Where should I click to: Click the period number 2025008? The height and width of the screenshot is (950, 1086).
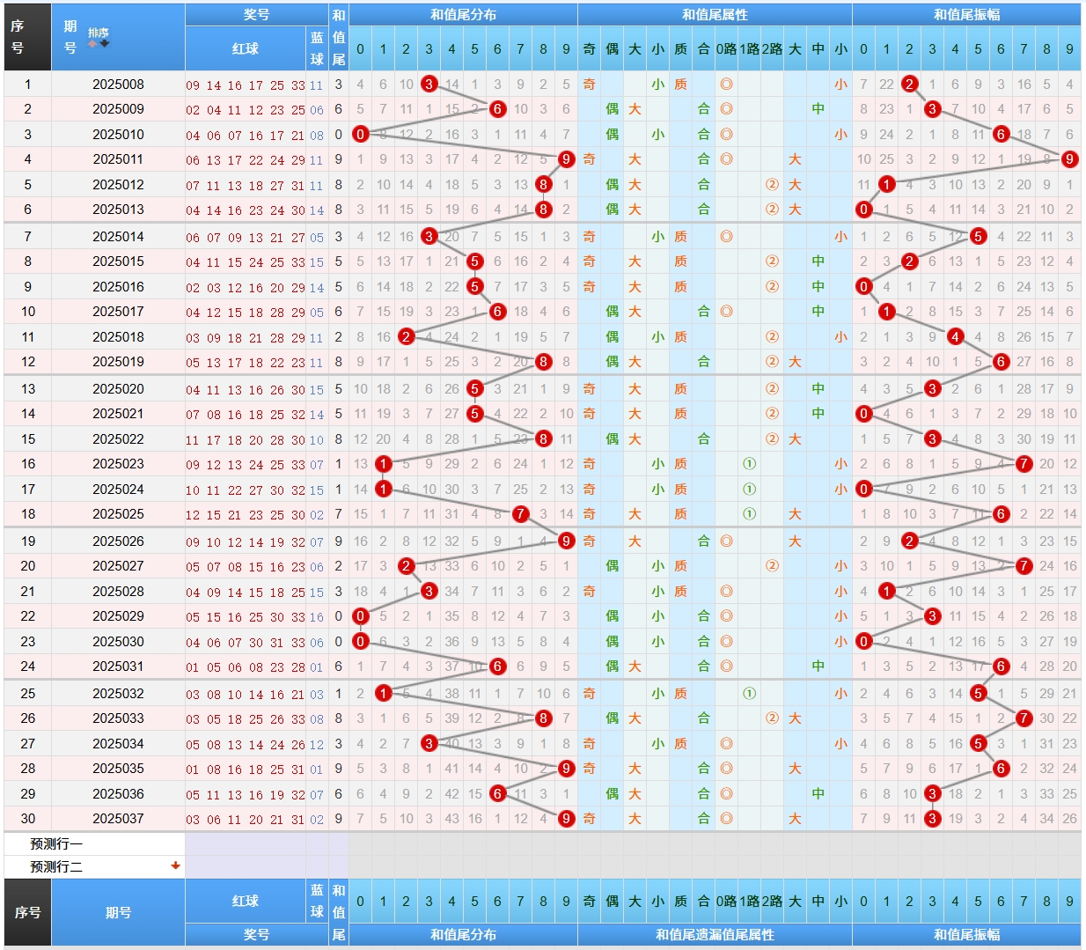coord(118,85)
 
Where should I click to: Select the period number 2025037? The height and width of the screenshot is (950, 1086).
coord(118,819)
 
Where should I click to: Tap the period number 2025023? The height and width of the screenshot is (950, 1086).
coord(118,464)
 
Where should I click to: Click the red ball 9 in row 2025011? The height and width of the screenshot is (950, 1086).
coord(566,159)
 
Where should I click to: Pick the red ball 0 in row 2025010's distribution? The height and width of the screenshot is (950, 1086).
coord(360,135)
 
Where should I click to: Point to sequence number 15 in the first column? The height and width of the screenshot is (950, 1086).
coord(28,439)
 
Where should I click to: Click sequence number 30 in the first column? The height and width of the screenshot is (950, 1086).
coord(28,819)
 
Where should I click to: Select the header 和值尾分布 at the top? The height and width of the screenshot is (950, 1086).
coord(463,15)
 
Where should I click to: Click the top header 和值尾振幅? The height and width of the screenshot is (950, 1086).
coord(966,15)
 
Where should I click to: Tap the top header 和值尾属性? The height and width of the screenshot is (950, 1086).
coord(715,15)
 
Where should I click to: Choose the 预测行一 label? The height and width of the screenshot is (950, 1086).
coord(56,844)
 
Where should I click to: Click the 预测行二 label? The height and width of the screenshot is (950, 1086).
coord(56,867)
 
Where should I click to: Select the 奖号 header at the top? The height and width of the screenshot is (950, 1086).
coord(256,15)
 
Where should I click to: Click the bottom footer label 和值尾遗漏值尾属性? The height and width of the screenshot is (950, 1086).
coord(715,935)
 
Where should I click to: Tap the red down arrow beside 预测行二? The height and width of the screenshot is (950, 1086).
coord(176,865)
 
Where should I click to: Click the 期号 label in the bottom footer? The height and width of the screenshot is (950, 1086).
coord(118,913)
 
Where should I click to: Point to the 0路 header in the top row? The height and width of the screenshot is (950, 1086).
coord(726,49)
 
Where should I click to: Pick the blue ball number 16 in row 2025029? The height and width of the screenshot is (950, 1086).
coord(317,617)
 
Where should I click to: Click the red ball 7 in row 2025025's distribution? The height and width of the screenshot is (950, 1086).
coord(520,514)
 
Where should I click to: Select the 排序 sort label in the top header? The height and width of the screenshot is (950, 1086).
coord(98,33)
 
